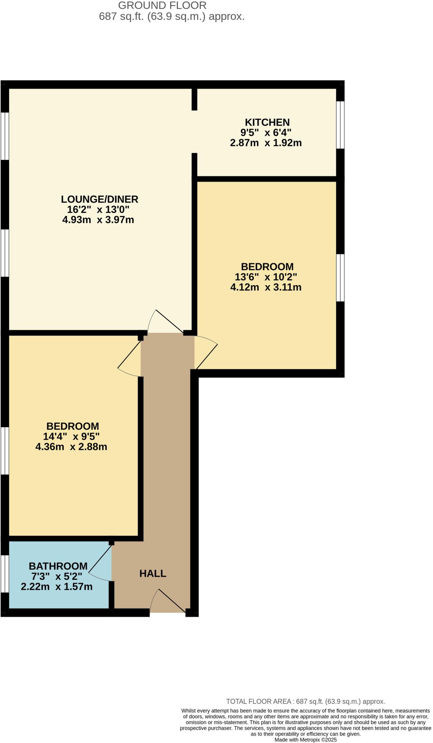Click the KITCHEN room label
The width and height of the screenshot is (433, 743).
(x=267, y=122)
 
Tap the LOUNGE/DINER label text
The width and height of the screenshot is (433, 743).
(x=99, y=199)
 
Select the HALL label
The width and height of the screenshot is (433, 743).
(x=153, y=574)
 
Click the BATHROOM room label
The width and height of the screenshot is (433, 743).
(x=58, y=566)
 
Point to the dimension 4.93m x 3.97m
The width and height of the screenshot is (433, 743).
(x=98, y=220)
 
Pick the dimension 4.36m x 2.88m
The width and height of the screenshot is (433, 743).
(x=71, y=447)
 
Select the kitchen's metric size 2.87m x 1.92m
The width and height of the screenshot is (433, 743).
(x=266, y=143)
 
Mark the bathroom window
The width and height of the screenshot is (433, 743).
(x=4, y=574)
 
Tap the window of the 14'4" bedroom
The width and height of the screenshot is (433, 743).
(x=4, y=450)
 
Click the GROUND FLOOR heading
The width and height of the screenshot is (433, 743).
(x=162, y=5)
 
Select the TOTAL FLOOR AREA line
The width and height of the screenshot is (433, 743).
(x=305, y=702)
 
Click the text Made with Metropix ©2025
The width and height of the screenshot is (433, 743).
(x=305, y=740)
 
